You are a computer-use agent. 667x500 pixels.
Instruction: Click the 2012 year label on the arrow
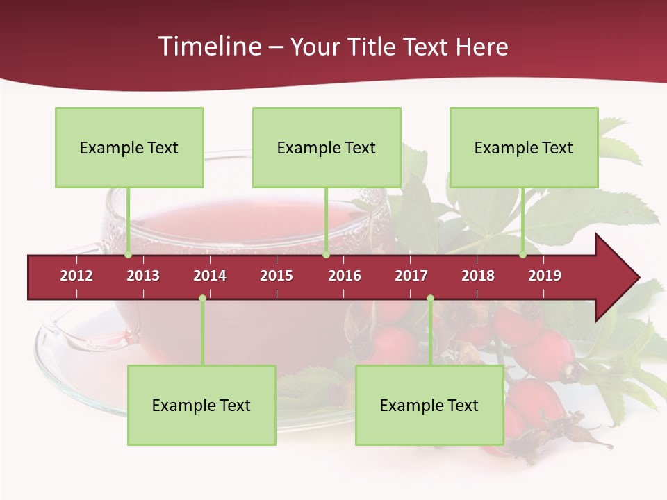(76, 276)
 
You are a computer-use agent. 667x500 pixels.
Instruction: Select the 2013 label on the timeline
(143, 276)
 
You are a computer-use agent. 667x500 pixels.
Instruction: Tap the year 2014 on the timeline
(210, 276)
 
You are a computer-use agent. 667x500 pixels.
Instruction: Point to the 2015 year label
(277, 276)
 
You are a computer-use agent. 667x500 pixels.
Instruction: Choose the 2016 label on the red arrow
(345, 276)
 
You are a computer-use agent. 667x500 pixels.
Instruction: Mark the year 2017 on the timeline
(411, 276)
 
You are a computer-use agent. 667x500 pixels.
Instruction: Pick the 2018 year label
(478, 276)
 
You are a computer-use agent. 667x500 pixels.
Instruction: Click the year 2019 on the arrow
(545, 276)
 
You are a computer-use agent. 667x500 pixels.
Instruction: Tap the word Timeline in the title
(208, 47)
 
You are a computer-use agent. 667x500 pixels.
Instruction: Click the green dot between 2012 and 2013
(128, 255)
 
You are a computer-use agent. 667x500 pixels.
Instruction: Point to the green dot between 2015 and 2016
(326, 255)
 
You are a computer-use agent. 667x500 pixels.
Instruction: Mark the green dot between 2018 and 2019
(522, 255)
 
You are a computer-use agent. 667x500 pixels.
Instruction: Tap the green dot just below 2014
(202, 299)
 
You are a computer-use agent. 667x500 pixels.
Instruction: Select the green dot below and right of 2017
(430, 299)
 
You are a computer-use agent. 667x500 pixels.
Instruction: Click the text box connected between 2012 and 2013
(129, 147)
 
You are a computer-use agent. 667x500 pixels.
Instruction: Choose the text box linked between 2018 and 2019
(524, 147)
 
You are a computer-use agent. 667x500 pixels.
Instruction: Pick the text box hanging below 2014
(201, 405)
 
